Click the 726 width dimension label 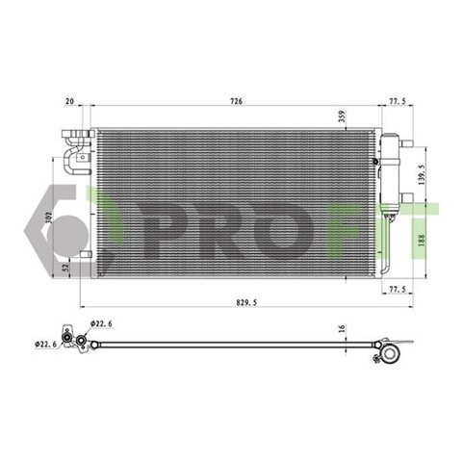(236, 101)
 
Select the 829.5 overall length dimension (246, 302)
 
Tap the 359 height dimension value (342, 116)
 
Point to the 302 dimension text (49, 218)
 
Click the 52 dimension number (66, 268)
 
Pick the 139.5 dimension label (422, 174)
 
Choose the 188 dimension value (422, 241)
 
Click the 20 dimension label (69, 101)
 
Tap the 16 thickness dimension (342, 328)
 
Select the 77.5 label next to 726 (398, 101)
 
